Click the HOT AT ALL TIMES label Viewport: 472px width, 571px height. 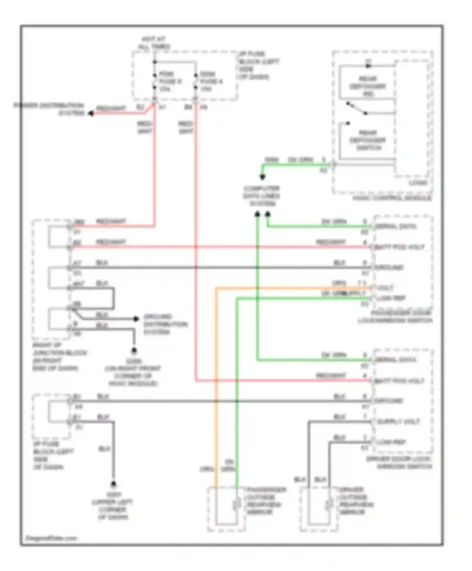click(x=154, y=43)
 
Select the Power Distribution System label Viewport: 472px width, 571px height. click(x=49, y=109)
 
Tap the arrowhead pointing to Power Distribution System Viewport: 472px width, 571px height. click(x=91, y=113)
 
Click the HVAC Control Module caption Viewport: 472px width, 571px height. click(x=392, y=198)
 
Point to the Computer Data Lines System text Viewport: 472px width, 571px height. click(x=261, y=196)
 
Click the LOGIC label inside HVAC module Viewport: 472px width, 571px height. click(x=418, y=183)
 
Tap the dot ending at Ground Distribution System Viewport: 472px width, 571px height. click(x=136, y=319)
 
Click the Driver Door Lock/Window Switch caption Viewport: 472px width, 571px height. click(x=399, y=463)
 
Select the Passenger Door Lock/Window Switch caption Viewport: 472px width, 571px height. click(x=395, y=317)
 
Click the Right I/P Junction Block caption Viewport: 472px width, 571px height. click(x=59, y=357)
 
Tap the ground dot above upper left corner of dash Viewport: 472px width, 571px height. click(x=113, y=484)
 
